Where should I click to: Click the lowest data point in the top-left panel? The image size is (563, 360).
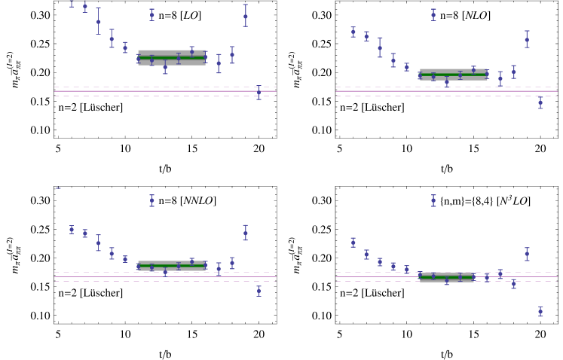coord(259,93)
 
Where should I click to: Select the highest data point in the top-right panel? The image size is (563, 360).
coord(433,14)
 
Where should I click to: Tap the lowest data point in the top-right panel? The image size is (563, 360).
coord(540,102)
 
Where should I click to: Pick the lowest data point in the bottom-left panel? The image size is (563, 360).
coord(259,290)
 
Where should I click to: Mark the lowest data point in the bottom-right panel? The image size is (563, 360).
coord(540,311)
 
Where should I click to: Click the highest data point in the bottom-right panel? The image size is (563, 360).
coord(433,200)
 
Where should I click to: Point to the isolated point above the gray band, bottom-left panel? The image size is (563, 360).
coord(151,200)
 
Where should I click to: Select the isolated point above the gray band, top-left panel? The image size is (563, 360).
coord(151,14)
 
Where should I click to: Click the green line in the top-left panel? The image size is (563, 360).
coord(172,57)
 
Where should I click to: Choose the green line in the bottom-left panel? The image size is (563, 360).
coord(172,266)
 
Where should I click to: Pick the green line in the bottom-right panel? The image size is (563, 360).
coord(447,277)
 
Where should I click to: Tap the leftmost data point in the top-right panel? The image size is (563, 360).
coord(353,32)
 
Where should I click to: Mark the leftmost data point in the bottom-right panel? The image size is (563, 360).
coord(353,243)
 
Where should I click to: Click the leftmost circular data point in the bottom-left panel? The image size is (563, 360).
coord(72,230)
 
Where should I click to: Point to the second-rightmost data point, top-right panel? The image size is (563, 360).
coord(527,39)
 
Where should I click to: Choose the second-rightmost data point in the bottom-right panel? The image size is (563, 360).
coord(527,254)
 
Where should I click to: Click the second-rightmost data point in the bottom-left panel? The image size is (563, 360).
coord(245,233)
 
